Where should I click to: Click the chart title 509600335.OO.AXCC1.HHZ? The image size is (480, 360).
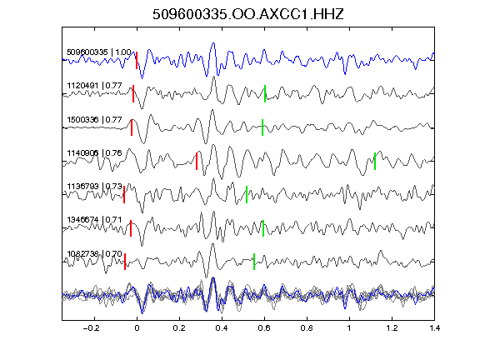(x=248, y=14)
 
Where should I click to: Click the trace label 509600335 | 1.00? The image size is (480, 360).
(x=99, y=52)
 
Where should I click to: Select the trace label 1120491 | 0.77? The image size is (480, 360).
(x=95, y=85)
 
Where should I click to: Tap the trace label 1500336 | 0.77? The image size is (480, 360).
(x=95, y=119)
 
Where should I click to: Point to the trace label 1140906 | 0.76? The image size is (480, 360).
(x=95, y=152)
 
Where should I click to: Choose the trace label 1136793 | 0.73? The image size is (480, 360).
(x=95, y=187)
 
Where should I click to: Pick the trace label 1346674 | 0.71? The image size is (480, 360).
(x=95, y=220)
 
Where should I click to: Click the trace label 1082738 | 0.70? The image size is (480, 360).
(x=95, y=254)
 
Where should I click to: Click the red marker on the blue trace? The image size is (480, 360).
(x=137, y=60)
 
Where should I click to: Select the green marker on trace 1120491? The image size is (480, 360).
(x=265, y=93)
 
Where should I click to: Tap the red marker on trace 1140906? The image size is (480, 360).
(x=197, y=161)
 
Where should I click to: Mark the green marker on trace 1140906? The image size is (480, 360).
(x=375, y=161)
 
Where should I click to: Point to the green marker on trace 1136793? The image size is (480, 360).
(x=247, y=194)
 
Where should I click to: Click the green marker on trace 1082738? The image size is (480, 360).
(x=254, y=262)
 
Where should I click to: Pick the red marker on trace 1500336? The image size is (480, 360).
(x=132, y=127)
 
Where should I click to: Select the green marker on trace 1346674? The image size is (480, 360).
(x=263, y=228)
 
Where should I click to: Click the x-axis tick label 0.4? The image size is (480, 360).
(x=222, y=328)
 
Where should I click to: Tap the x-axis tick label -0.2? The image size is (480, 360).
(x=92, y=328)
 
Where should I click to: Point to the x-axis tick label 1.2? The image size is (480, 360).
(x=392, y=328)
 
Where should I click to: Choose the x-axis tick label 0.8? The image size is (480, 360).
(x=307, y=328)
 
